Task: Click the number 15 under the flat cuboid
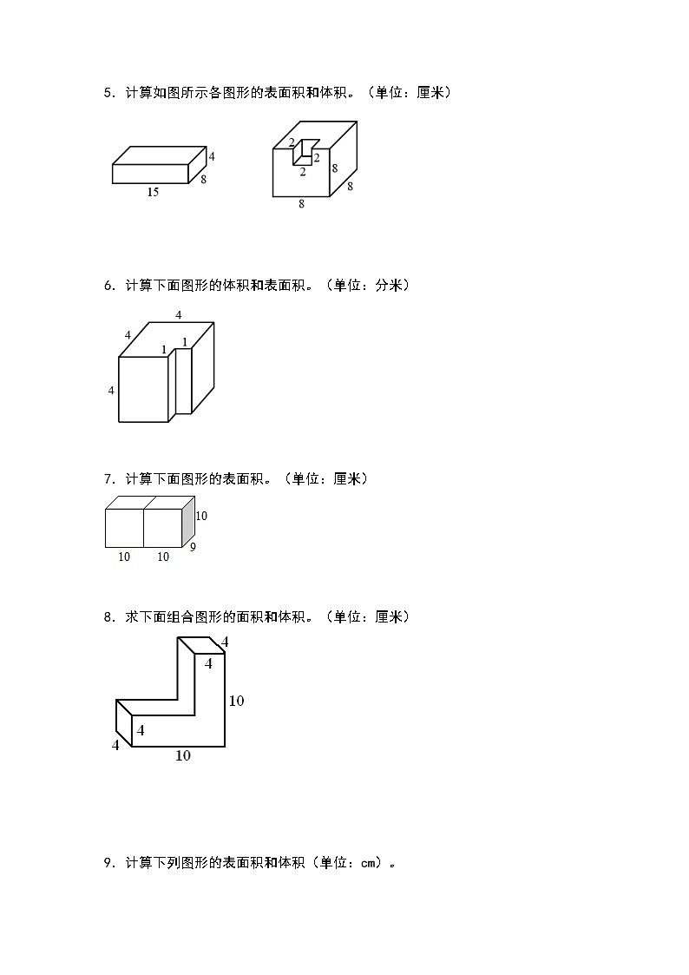(153, 193)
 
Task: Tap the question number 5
(108, 93)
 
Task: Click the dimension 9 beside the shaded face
(193, 547)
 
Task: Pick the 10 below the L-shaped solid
(183, 756)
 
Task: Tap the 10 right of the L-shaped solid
(236, 701)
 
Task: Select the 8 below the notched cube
(301, 205)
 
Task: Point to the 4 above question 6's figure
(178, 314)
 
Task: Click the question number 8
(108, 617)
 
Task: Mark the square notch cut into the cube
(303, 152)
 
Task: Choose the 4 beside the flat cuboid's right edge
(212, 157)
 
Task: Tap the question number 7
(108, 479)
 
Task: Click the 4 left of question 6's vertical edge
(111, 391)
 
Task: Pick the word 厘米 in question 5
(431, 93)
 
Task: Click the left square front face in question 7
(124, 528)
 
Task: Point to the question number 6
(108, 286)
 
